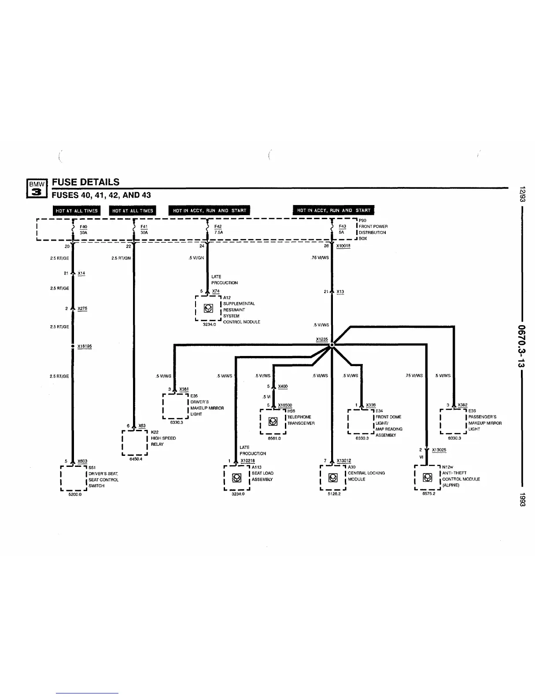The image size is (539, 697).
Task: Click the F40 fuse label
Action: click(83, 227)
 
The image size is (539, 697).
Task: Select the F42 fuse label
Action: click(218, 227)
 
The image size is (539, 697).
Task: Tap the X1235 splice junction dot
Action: click(332, 345)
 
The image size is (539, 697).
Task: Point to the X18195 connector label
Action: click(84, 346)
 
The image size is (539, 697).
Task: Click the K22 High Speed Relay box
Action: click(134, 443)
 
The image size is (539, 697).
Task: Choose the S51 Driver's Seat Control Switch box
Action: click(73, 478)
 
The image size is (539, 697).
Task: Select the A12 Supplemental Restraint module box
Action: click(208, 308)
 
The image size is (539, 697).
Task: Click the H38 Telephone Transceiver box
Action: click(273, 422)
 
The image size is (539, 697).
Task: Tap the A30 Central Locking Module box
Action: click(333, 477)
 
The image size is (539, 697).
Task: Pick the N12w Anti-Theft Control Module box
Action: click(427, 477)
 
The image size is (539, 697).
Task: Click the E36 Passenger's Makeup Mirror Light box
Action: click(453, 422)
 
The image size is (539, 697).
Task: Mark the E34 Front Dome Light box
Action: click(361, 422)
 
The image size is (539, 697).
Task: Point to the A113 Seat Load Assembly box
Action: click(237, 477)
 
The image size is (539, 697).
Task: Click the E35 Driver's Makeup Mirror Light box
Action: click(176, 406)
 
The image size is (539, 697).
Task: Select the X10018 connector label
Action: click(343, 246)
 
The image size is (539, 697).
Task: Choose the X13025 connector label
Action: click(439, 450)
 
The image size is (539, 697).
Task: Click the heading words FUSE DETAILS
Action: click(85, 182)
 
